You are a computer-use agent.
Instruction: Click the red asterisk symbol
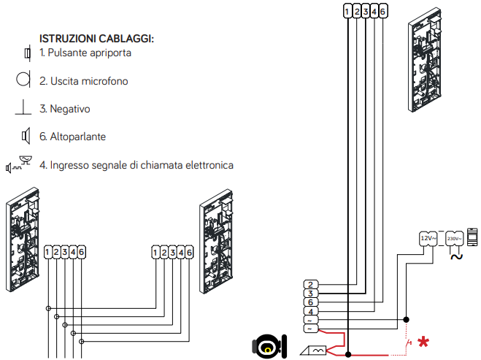[423, 342]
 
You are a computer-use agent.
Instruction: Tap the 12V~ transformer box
[428, 238]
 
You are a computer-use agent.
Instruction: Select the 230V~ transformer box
[453, 238]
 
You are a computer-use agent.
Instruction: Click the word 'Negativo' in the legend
[69, 109]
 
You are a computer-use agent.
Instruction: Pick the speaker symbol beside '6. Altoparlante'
[25, 136]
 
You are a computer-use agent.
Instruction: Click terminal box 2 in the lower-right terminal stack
[310, 284]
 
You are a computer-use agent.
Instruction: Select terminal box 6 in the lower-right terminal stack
[310, 302]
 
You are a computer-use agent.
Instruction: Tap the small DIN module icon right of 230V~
[472, 237]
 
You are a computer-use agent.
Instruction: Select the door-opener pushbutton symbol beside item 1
[26, 53]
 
